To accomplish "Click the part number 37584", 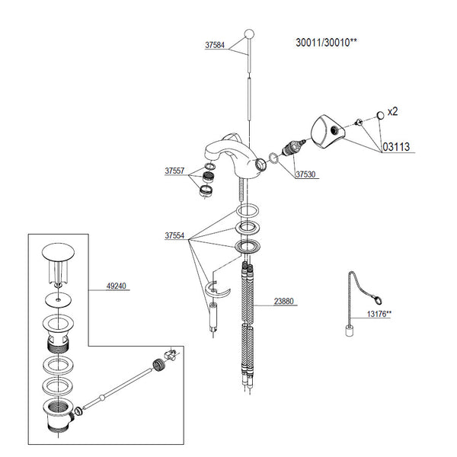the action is (x=215, y=45).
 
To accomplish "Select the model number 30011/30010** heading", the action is (x=326, y=43).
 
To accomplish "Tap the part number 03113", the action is (x=396, y=146).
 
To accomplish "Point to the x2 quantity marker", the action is (x=392, y=111).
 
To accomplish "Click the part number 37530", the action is (x=305, y=174).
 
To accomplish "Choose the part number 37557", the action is (x=174, y=171).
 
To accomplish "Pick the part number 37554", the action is (x=174, y=235).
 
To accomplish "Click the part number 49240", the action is (x=117, y=286).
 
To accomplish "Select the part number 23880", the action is (x=283, y=301).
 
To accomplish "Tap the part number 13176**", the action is (x=379, y=314).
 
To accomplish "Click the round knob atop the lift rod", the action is (x=249, y=34).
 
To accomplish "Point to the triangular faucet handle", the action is (x=328, y=132).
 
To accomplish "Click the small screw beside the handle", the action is (x=358, y=122).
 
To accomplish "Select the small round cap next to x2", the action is (x=380, y=115).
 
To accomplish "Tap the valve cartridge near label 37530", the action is (x=293, y=148).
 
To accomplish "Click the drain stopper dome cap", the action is (x=58, y=252).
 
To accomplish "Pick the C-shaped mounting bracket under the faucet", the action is (x=217, y=289).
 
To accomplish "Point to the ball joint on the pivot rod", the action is (x=102, y=397).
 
